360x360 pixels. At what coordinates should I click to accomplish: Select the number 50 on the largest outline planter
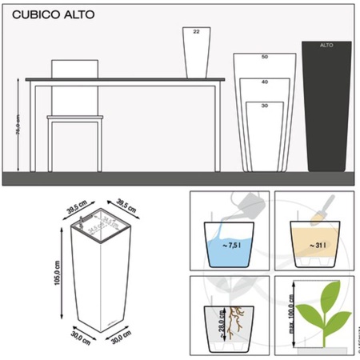coord(264,58)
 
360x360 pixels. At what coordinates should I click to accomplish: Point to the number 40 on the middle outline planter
coord(264,82)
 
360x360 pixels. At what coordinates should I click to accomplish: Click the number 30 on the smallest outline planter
coord(264,106)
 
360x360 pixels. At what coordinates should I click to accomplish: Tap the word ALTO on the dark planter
coord(326,46)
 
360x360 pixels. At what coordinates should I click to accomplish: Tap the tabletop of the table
coord(120,78)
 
